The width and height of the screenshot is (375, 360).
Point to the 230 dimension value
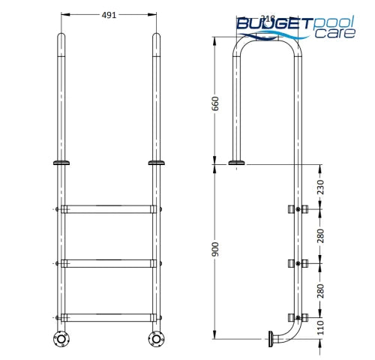click(x=321, y=186)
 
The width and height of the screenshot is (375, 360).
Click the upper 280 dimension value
click(x=321, y=235)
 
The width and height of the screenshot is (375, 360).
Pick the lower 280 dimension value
click(x=321, y=290)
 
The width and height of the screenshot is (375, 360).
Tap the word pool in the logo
click(x=334, y=23)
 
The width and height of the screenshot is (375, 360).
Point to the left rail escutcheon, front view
click(x=60, y=162)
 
